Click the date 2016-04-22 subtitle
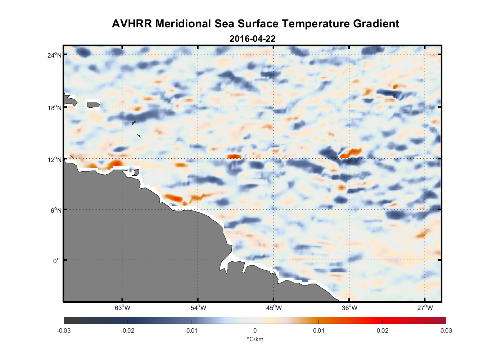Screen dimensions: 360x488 (x=252, y=39)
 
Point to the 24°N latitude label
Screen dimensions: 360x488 (x=54, y=55)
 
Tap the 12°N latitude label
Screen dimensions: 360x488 (x=54, y=159)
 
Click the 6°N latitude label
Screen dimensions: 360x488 (x=56, y=210)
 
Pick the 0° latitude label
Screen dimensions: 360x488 (x=57, y=261)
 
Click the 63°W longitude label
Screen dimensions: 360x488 (x=122, y=308)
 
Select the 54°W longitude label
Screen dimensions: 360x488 (x=198, y=308)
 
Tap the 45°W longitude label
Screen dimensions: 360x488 (x=274, y=308)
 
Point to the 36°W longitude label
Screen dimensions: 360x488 (x=349, y=308)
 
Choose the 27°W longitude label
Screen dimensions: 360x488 (x=425, y=308)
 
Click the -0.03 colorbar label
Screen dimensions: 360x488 (x=64, y=330)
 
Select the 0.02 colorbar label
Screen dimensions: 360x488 (x=382, y=330)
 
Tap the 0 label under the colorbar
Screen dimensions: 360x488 (x=255, y=330)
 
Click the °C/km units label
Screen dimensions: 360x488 (x=255, y=339)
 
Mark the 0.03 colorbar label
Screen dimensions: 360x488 (x=446, y=330)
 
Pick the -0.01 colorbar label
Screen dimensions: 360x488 (x=191, y=330)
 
